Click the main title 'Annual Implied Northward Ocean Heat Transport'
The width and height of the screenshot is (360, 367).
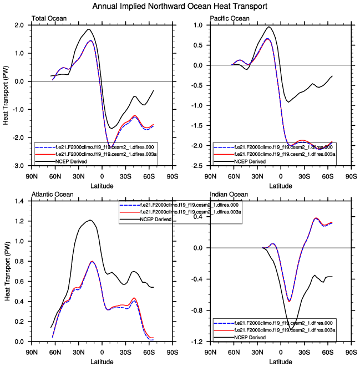pos(180,6)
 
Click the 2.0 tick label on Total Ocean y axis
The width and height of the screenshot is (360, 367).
pos(19,25)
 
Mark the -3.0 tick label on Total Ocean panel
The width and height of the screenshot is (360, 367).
pos(18,166)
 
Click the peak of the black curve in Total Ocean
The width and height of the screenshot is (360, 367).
pos(88,29)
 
